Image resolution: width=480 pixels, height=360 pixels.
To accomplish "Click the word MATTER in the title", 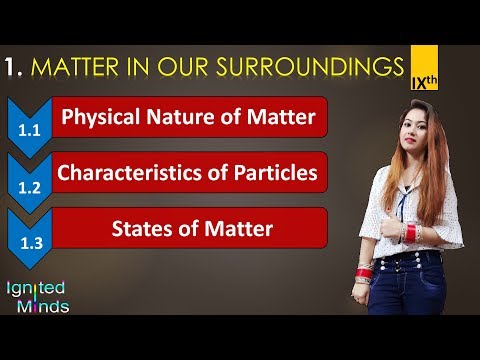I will [83, 67].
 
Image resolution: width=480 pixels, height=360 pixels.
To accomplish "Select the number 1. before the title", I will [15, 67].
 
